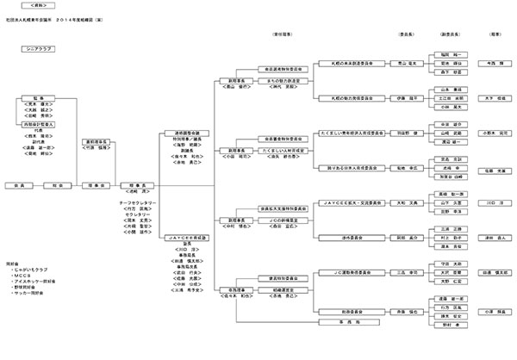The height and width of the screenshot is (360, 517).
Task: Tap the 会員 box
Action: pos(17,184)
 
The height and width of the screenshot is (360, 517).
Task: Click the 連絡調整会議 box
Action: pos(184,133)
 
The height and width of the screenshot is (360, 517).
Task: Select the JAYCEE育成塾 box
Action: pos(184,237)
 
